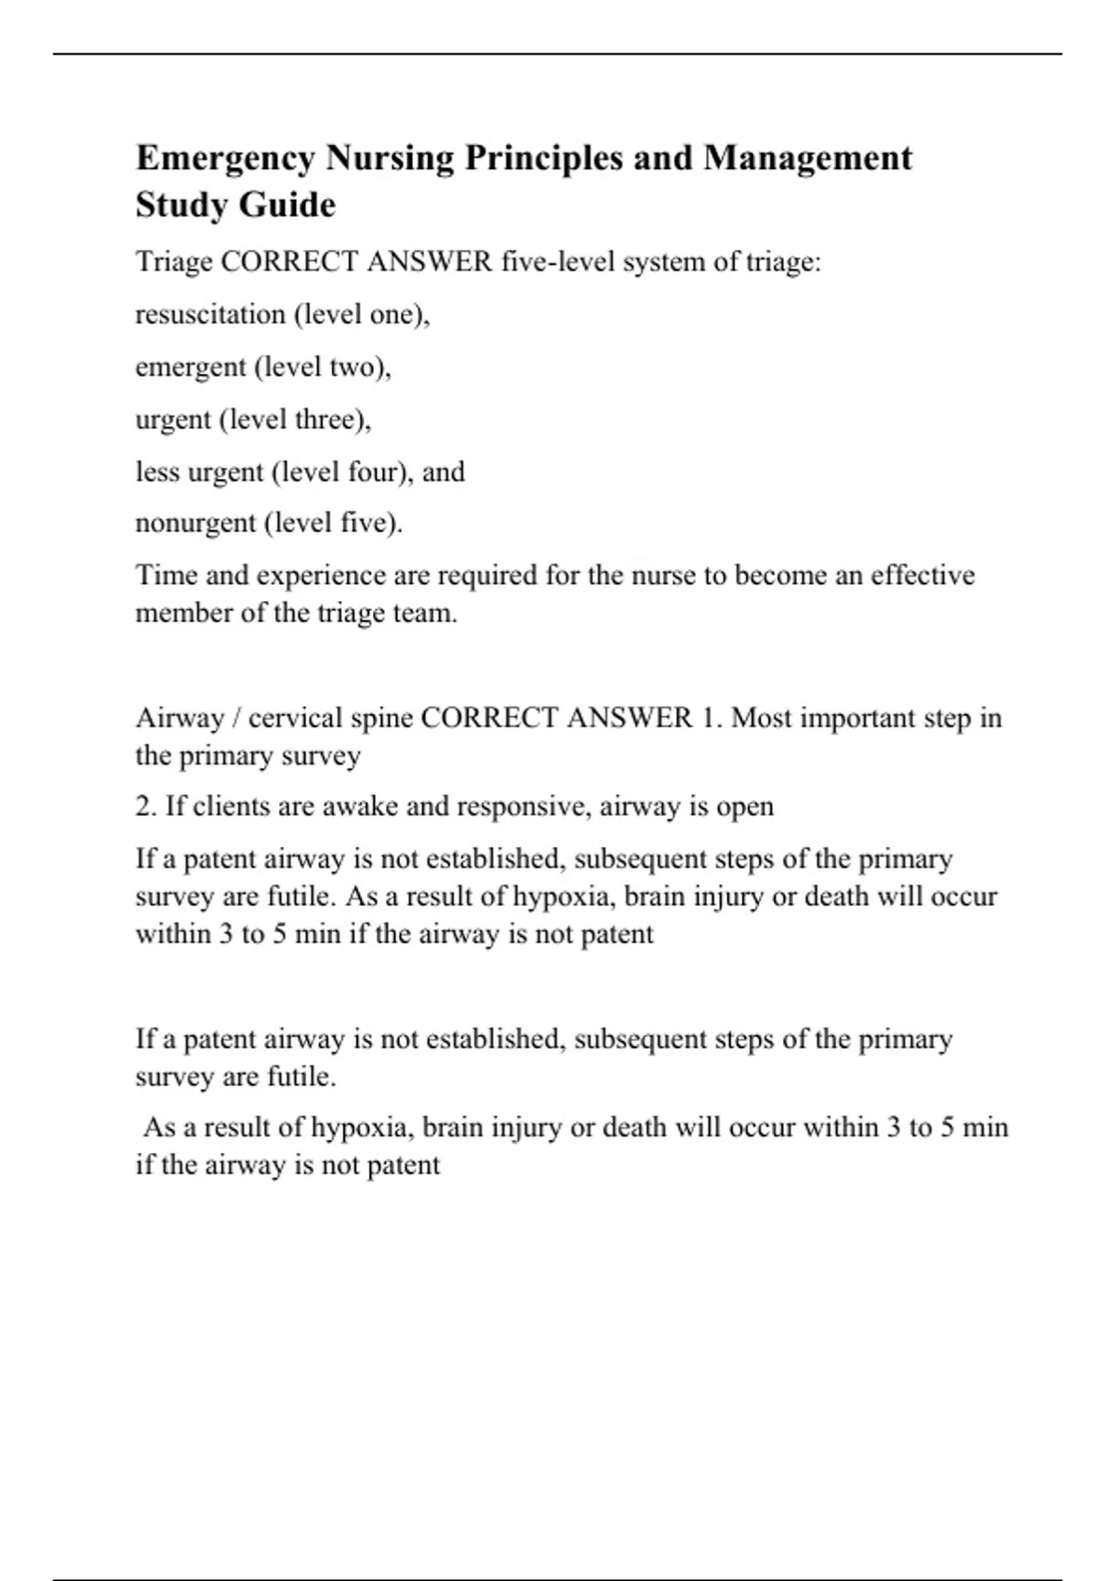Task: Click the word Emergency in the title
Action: tap(226, 159)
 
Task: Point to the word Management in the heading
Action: tap(807, 158)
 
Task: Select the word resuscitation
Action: tap(210, 314)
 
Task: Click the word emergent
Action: tap(191, 367)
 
